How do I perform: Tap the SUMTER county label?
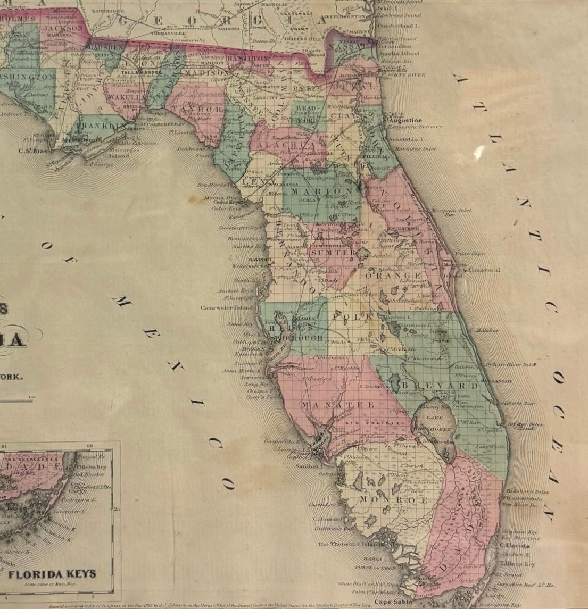pyautogui.click(x=333, y=253)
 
